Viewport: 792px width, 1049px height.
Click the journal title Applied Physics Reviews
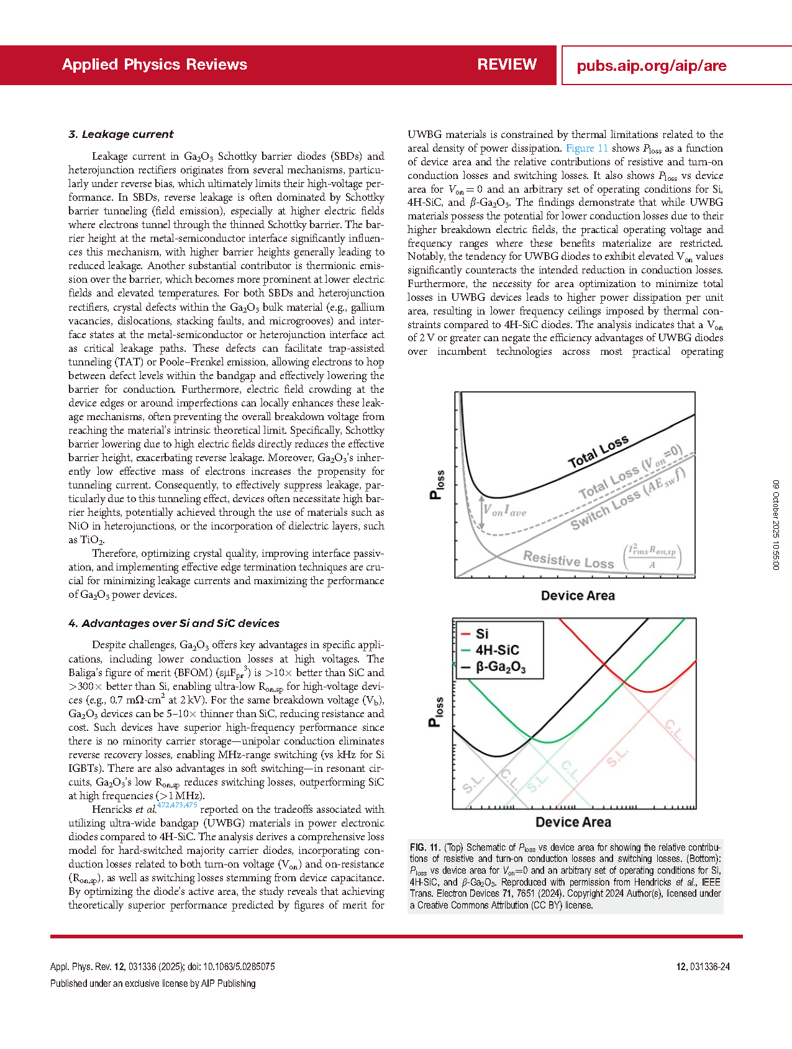click(154, 65)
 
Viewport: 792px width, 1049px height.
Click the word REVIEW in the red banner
click(507, 65)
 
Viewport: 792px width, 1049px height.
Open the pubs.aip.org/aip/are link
click(651, 66)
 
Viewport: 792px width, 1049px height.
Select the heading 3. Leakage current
click(121, 134)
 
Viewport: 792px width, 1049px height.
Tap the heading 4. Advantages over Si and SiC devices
click(174, 623)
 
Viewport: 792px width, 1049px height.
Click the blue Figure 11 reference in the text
click(586, 148)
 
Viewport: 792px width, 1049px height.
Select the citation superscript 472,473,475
click(177, 805)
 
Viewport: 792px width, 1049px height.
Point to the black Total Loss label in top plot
click(598, 452)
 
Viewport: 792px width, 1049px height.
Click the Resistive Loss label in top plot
click(568, 559)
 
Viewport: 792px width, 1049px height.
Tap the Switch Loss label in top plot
click(606, 508)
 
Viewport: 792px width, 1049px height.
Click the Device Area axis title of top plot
click(578, 595)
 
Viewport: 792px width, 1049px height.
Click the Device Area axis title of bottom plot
click(573, 822)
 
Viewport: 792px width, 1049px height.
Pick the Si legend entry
click(482, 634)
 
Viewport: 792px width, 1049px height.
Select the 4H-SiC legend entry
click(497, 650)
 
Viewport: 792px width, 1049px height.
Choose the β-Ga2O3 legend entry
click(500, 667)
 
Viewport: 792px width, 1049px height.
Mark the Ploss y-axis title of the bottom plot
click(437, 712)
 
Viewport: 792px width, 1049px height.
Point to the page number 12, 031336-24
click(703, 966)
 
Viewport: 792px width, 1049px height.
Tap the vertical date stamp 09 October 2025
click(776, 525)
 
